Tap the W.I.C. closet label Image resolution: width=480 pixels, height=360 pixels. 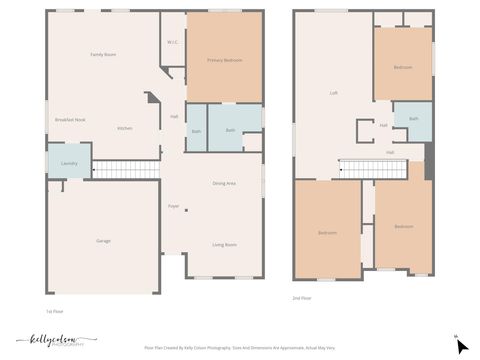click(x=173, y=42)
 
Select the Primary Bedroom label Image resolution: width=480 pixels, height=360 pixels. click(x=225, y=60)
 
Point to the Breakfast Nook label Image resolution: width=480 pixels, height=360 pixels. click(x=70, y=120)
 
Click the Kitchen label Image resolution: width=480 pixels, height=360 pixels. click(x=125, y=129)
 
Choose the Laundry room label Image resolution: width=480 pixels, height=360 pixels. click(x=69, y=163)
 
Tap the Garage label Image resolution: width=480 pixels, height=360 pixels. click(x=103, y=241)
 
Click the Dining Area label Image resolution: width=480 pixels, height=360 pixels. click(x=224, y=184)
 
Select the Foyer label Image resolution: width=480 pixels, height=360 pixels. click(x=173, y=205)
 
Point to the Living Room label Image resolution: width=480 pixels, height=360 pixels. click(x=224, y=245)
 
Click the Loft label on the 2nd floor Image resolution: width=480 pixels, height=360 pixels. click(x=334, y=93)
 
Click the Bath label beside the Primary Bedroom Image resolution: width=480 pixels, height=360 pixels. click(x=230, y=130)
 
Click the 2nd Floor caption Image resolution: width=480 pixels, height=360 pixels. click(x=301, y=297)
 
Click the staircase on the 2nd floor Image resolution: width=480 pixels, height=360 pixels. click(x=374, y=168)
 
